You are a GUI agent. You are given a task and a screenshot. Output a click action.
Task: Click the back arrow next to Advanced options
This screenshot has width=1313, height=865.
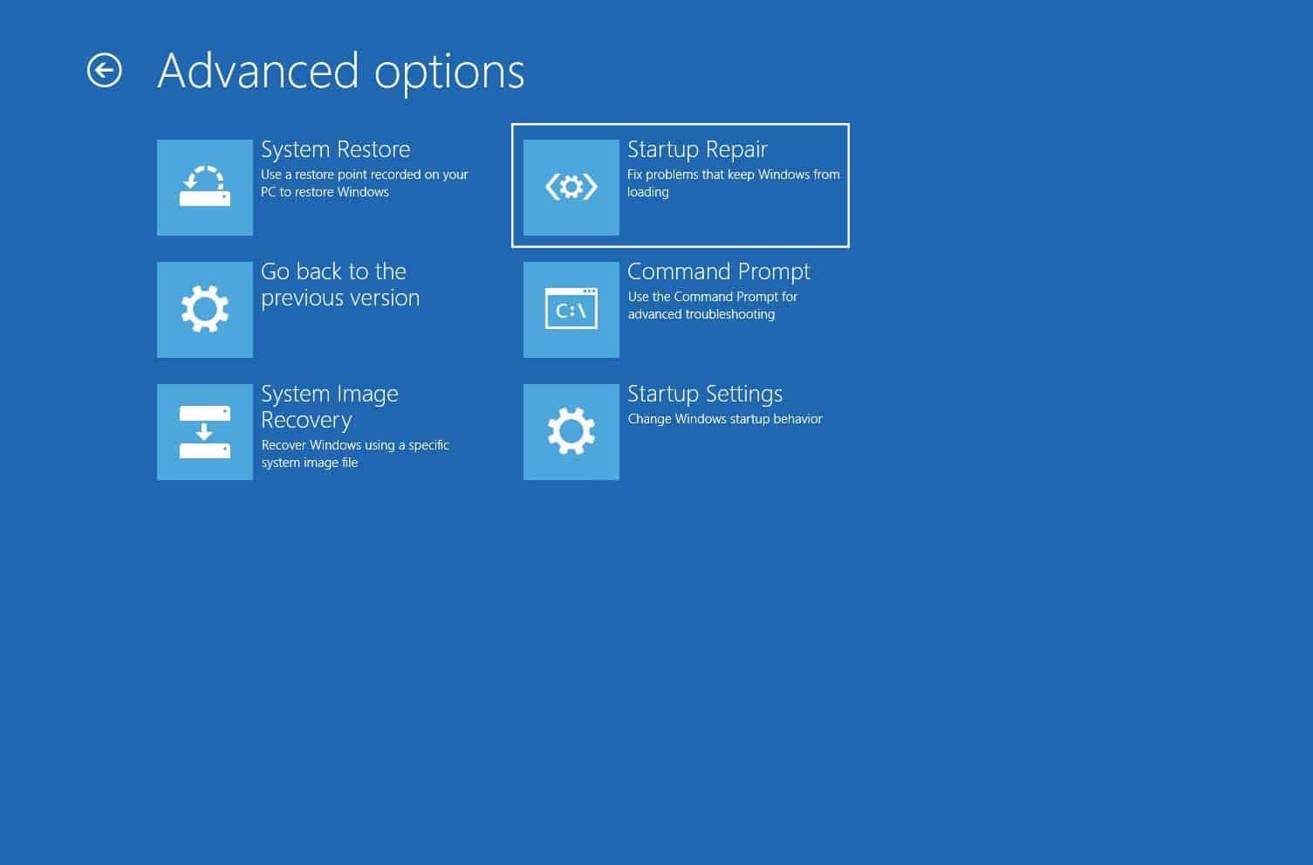[x=105, y=71]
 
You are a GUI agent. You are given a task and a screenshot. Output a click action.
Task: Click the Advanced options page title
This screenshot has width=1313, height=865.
[x=340, y=72]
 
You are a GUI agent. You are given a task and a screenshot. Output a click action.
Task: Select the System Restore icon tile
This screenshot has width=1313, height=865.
[x=204, y=187]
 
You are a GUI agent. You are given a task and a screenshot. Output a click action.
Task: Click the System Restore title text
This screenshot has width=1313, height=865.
[x=335, y=149]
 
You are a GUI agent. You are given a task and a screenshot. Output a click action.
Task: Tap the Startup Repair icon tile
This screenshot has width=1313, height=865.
[x=571, y=187]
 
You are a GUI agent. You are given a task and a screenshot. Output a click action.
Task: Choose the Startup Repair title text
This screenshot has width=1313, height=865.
[x=697, y=150]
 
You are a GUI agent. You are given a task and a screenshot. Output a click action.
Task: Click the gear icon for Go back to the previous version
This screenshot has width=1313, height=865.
[x=204, y=309]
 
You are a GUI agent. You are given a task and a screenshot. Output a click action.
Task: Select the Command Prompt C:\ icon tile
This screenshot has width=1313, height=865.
[x=571, y=309]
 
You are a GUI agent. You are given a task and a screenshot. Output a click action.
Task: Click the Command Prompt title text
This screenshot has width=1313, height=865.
[x=719, y=272]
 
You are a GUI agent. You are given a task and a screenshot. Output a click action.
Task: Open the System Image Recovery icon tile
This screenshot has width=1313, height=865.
[x=204, y=431]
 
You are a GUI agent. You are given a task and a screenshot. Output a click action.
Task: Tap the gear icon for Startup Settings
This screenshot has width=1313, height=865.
[x=571, y=431]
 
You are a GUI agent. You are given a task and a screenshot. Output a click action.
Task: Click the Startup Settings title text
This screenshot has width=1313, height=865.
[x=705, y=395]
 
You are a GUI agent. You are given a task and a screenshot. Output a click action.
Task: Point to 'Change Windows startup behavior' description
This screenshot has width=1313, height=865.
[x=725, y=419]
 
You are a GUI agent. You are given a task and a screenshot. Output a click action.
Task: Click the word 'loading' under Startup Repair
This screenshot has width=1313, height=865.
[x=647, y=192]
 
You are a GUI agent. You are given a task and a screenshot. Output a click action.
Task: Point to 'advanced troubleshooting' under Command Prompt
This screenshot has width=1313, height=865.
[x=701, y=314]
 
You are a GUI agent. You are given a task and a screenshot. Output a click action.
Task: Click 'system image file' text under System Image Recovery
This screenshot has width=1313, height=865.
[x=310, y=463]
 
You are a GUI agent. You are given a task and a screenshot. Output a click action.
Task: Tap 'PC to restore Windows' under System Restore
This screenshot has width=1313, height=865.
[x=325, y=192]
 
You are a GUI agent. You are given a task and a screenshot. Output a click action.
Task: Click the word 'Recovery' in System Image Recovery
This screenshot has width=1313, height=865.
[x=306, y=421]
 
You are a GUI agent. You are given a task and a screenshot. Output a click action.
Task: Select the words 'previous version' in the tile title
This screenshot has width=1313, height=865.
[x=340, y=299]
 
